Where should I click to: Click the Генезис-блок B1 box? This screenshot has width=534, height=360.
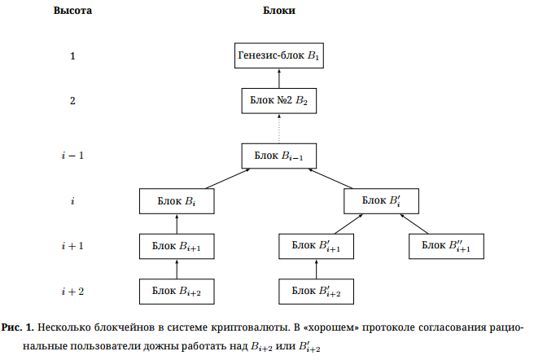coord(279,56)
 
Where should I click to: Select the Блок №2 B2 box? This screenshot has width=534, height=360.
coord(279,101)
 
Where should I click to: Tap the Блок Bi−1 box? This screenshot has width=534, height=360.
coord(279,155)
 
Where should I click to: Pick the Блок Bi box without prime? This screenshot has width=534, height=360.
coord(177,200)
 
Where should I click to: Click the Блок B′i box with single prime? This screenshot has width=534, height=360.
coord(381,200)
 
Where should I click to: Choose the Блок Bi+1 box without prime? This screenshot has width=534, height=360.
coord(177,245)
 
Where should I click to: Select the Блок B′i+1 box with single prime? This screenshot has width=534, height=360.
coord(317,245)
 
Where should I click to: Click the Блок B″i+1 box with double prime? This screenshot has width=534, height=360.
coord(447,245)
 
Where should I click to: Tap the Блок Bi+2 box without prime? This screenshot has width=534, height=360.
coord(177,290)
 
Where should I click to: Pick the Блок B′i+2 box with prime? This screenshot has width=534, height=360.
coord(317,290)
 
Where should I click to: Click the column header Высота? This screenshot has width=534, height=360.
coord(72,11)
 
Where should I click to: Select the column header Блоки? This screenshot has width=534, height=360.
coord(279,11)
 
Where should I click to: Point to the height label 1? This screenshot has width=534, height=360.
coord(72,56)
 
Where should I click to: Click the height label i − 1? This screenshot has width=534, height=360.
coord(72,155)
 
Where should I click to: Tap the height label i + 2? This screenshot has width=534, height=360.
coord(72,290)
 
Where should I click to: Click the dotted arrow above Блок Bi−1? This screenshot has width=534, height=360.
coord(279,128)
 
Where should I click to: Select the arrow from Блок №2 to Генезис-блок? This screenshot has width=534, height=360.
coord(279,78)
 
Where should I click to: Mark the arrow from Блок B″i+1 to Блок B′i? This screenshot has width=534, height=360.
coord(414,222)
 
